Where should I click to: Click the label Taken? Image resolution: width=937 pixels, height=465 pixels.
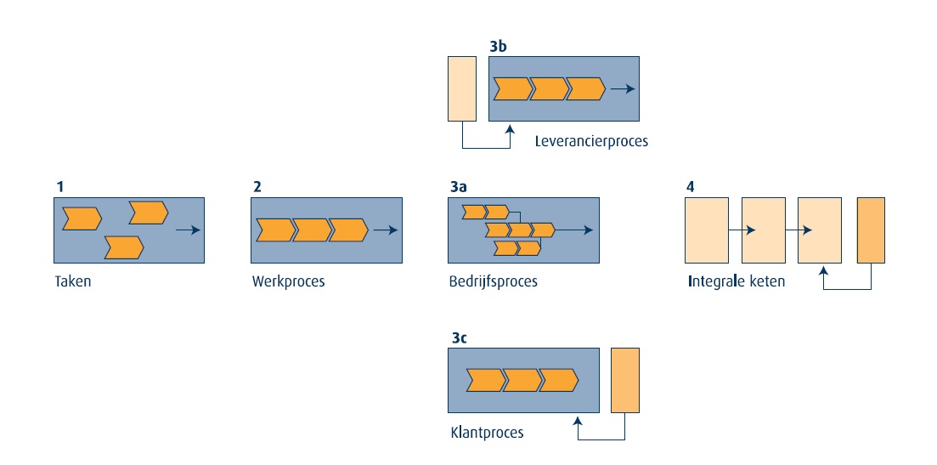72,281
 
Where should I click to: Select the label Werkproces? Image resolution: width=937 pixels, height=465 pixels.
288,281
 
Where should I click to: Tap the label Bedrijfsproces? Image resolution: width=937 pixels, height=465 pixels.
493,281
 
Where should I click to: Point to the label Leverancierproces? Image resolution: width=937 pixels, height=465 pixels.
591,141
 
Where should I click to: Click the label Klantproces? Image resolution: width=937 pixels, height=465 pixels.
487,433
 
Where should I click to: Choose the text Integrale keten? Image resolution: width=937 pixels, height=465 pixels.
736,281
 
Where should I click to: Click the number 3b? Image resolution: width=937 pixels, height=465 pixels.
498,47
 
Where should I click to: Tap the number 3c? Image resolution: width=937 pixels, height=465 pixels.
459,337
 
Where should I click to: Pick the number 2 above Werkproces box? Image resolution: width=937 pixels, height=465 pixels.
256,187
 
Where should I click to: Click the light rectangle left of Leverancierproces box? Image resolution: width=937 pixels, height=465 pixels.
461,88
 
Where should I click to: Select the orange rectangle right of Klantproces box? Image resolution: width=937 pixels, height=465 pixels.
624,381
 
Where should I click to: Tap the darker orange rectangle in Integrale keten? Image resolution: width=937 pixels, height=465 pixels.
871,230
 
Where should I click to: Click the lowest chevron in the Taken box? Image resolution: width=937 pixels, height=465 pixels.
123,247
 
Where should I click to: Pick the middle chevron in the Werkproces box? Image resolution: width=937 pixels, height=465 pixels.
311,230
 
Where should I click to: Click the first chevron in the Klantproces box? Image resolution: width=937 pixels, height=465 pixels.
484,380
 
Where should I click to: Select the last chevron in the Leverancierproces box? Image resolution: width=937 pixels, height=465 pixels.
585,88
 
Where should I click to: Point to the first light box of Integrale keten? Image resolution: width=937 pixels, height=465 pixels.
707,230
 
